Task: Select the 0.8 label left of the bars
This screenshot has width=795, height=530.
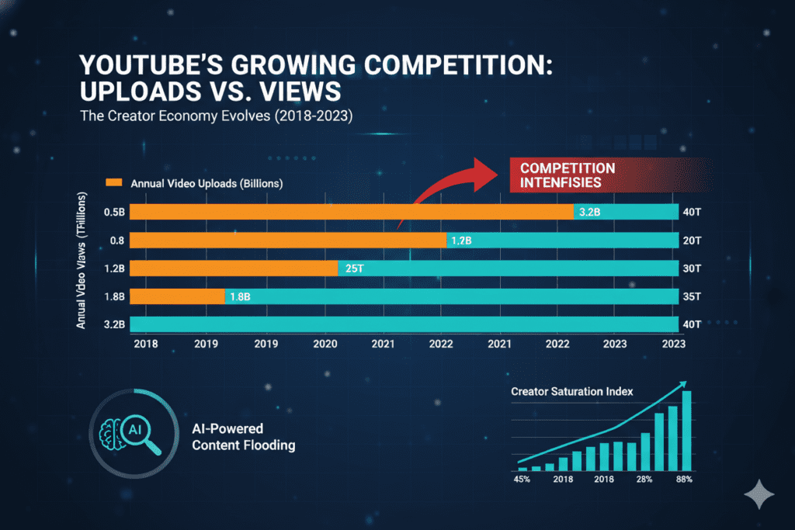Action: (117, 241)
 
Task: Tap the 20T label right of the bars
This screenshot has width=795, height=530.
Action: (693, 241)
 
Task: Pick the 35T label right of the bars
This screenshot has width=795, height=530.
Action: (693, 296)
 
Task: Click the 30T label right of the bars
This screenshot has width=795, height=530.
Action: (693, 268)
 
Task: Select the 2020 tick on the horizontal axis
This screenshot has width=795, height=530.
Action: (325, 343)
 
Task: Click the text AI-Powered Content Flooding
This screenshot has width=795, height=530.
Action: (242, 437)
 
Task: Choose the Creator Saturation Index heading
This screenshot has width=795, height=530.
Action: (571, 391)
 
